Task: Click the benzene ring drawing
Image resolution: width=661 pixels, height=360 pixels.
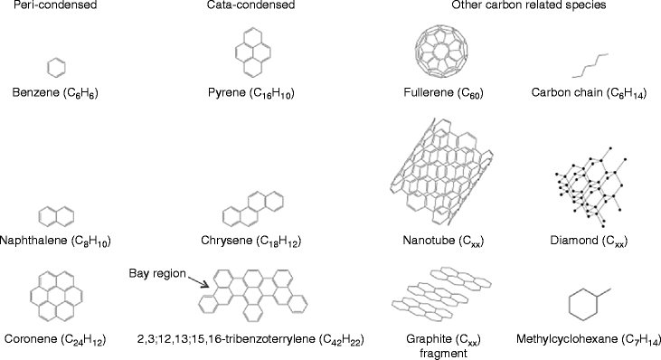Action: pos(55,67)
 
